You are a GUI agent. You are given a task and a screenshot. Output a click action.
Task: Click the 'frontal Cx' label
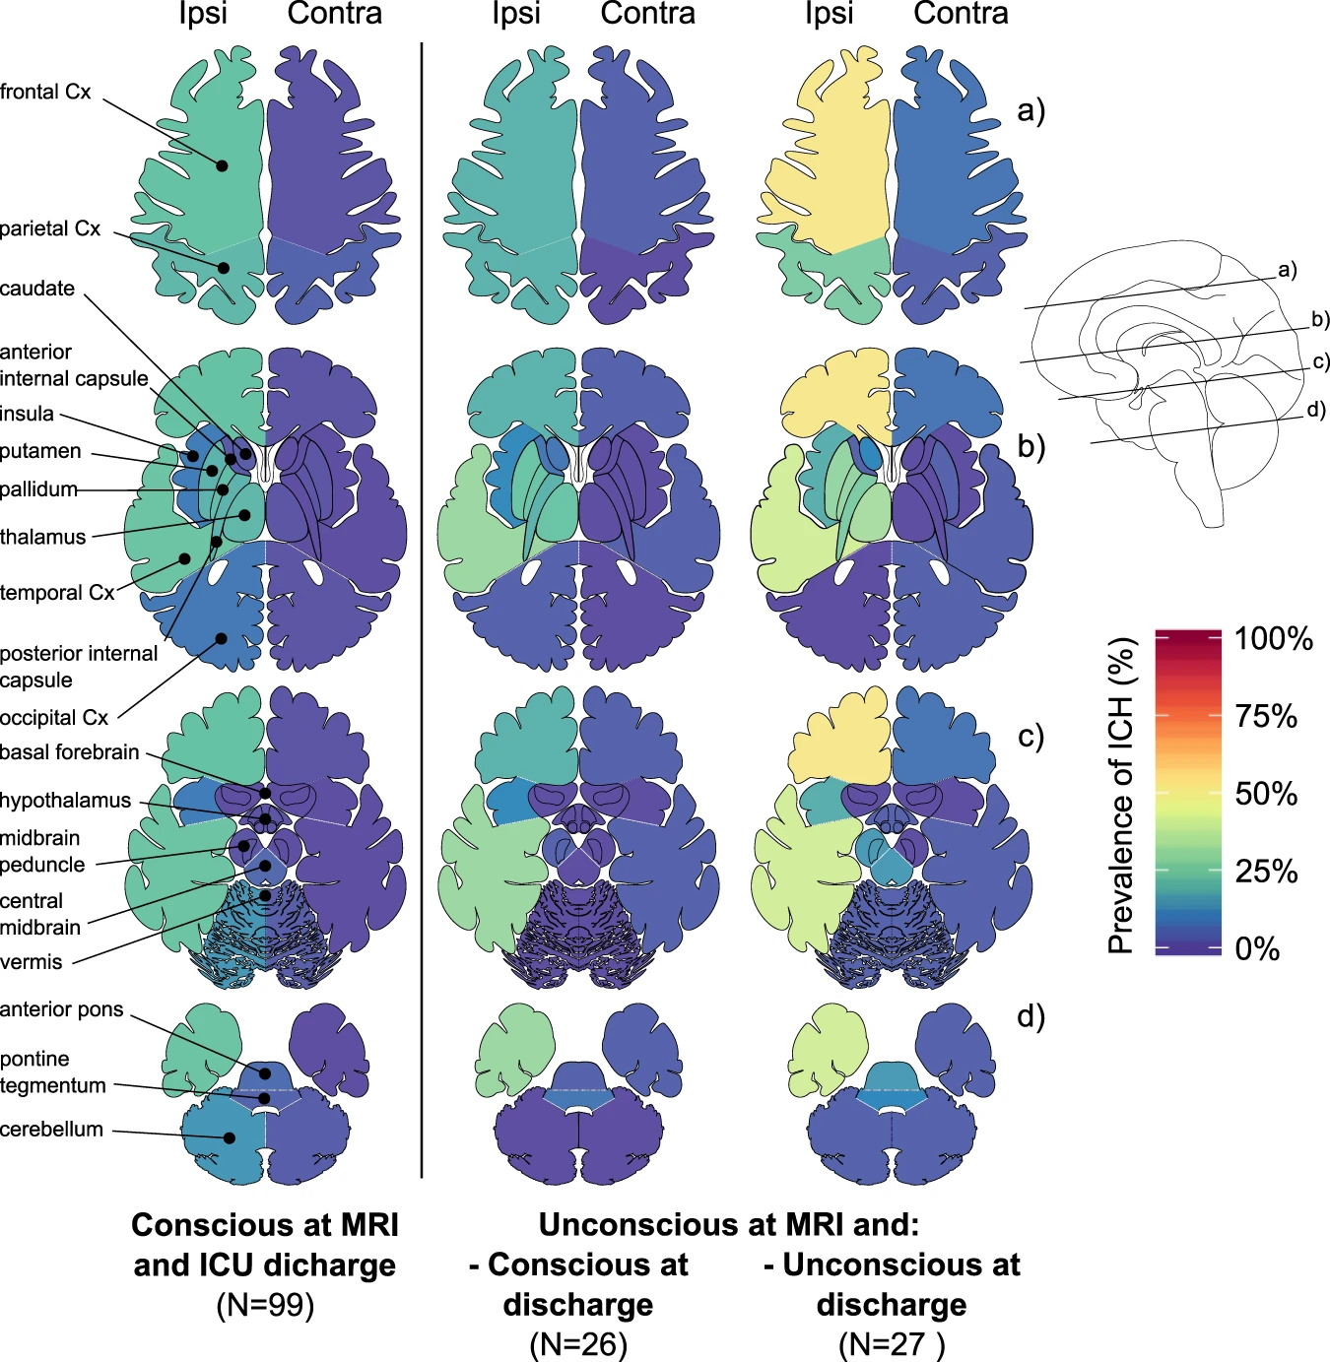(45, 92)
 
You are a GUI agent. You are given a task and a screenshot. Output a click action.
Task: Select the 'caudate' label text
(37, 289)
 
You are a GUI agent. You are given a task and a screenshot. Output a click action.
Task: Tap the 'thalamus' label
(43, 537)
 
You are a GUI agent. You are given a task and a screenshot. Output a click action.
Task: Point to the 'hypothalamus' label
(65, 800)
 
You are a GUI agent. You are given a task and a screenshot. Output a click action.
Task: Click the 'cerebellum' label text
(51, 1130)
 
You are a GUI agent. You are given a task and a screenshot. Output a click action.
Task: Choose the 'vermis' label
(32, 961)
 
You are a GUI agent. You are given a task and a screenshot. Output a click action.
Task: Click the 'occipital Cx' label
(54, 718)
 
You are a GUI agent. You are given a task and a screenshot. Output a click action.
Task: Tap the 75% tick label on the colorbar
(1266, 716)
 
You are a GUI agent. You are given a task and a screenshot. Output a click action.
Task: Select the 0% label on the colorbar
(1257, 948)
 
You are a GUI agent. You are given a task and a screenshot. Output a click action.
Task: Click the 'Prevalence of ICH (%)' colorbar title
(1121, 796)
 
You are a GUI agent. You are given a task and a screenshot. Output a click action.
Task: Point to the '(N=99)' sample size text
(265, 1305)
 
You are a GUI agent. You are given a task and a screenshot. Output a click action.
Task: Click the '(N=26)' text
(578, 1344)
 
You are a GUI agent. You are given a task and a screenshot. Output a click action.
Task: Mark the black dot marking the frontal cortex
(222, 166)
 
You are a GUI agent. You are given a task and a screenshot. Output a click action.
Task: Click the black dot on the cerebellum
(230, 1137)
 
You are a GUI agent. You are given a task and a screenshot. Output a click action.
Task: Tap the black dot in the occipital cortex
(222, 638)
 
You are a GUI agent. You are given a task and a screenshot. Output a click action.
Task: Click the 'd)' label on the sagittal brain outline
(1316, 410)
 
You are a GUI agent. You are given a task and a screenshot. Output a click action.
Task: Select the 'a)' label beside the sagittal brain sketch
(1288, 270)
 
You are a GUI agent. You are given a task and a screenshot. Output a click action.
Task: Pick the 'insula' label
(28, 414)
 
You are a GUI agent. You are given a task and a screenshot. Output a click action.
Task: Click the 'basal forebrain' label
(70, 752)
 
